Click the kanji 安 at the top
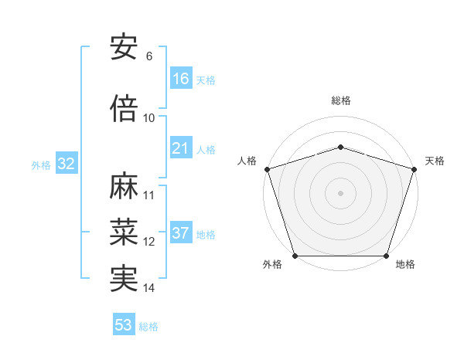coord(125,48)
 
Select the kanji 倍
coord(125,109)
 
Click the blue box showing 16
coord(181,78)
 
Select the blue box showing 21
coord(181,148)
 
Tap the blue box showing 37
coord(181,234)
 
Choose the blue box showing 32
coord(66,164)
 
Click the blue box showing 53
coord(124,325)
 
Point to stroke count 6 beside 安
coord(149,56)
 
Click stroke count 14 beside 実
coord(149,288)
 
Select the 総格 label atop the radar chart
coord(341,101)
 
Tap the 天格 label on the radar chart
coord(435,161)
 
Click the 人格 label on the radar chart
coord(247,161)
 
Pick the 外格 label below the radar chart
coord(272,265)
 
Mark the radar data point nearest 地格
coord(387,256)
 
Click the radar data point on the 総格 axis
coord(341,147)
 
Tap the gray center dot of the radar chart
coord(341,192)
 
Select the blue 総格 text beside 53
coord(148,327)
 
